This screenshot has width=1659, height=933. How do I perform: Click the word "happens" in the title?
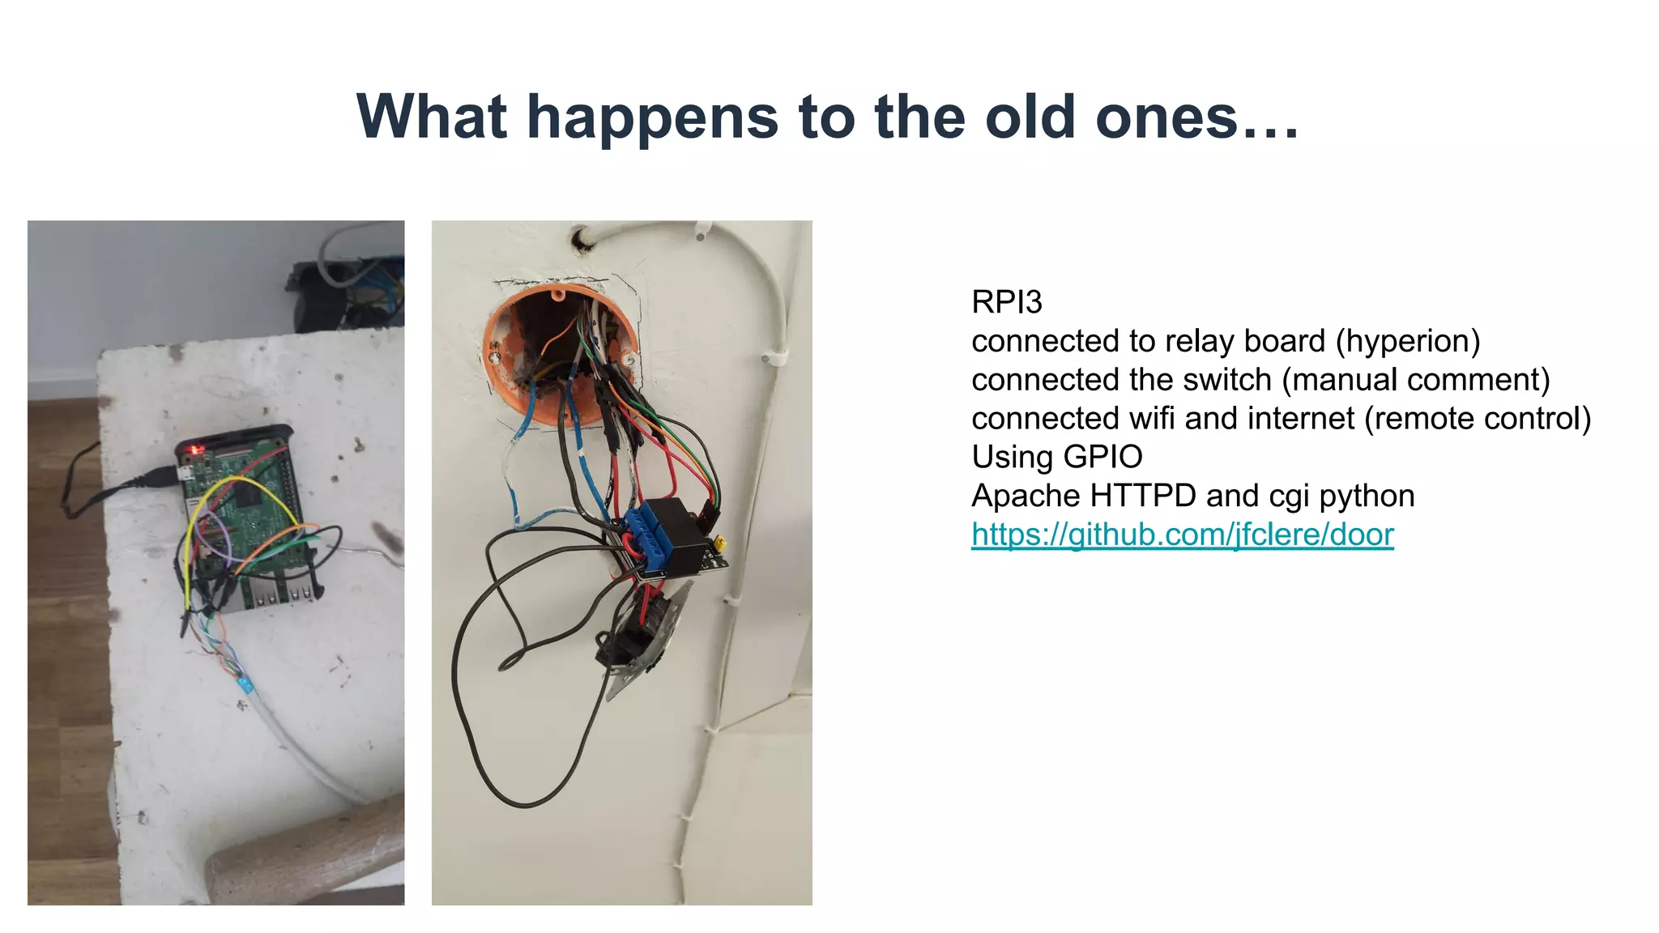point(652,117)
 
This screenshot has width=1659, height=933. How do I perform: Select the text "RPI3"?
point(1006,302)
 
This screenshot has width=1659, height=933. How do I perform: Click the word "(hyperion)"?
point(1407,341)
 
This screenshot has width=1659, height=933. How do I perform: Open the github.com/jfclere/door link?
point(1182,535)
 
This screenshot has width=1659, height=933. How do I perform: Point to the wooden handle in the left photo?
point(308,858)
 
